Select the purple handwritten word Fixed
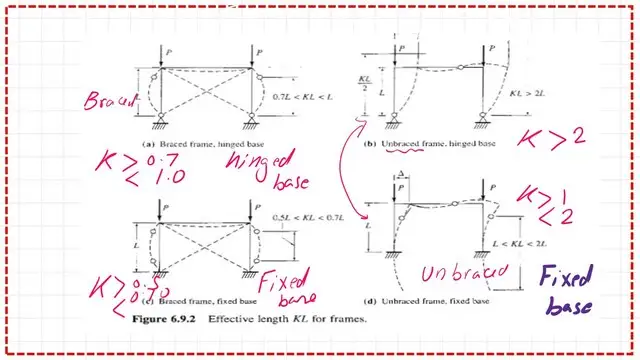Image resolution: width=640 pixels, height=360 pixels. pos(565,276)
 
